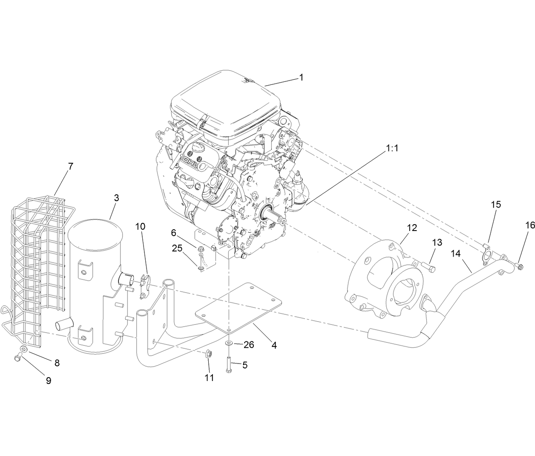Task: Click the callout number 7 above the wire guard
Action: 71,167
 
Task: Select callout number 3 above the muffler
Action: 116,198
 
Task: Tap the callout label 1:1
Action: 392,149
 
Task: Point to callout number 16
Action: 529,225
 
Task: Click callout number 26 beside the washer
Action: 248,344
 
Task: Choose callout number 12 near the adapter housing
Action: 411,228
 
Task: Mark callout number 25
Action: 178,248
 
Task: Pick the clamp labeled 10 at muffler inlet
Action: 145,283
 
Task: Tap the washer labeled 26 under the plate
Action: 229,343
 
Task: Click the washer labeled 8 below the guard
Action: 24,349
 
